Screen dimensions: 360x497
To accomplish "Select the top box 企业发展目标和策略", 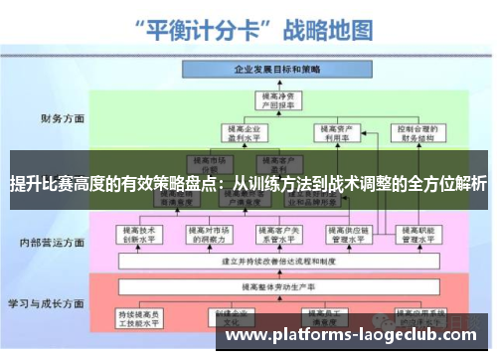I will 276,71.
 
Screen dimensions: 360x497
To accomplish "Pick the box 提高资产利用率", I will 334,132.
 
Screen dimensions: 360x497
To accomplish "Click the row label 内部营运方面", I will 50,242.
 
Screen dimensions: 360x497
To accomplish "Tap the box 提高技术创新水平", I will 140,235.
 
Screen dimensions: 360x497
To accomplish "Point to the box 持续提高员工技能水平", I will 140,317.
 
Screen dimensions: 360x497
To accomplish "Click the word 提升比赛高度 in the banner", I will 54,184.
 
